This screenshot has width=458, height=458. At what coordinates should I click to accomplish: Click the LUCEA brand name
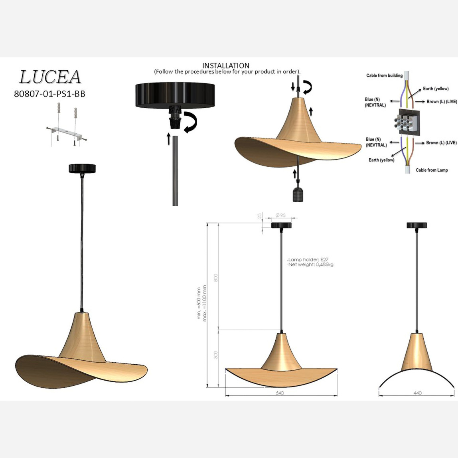click(50, 77)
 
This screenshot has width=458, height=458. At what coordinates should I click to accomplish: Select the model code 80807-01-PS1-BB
click(49, 94)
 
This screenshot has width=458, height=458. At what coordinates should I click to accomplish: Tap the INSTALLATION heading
click(225, 65)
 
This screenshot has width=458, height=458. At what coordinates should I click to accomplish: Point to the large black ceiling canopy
click(175, 95)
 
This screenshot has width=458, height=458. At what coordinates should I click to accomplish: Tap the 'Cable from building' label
click(384, 75)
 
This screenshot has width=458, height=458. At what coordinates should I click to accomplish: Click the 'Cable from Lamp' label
click(432, 170)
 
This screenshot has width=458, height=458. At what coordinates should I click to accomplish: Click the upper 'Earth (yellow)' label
click(436, 89)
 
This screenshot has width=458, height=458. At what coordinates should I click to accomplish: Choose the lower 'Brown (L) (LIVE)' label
click(441, 142)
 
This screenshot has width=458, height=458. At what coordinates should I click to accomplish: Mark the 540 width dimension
click(280, 393)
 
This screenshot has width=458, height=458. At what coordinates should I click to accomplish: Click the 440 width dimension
click(417, 393)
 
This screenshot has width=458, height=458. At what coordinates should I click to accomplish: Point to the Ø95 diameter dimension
click(281, 215)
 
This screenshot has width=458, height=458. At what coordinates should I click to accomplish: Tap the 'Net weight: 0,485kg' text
click(310, 265)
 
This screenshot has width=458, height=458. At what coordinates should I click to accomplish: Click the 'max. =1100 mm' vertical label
click(205, 303)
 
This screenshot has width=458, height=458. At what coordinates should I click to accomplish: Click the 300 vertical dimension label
click(216, 355)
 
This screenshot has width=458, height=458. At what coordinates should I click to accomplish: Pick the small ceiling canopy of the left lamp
click(82, 168)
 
